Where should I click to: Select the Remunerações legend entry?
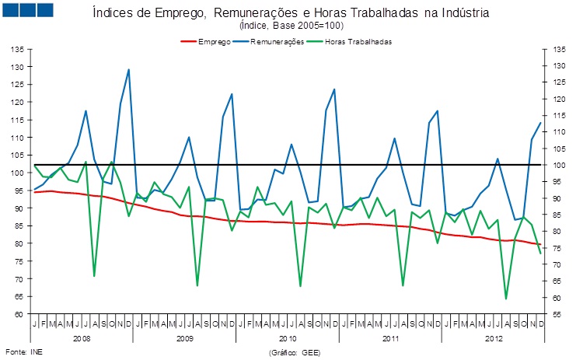276,40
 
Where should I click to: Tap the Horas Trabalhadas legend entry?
358,40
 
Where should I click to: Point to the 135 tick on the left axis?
16,49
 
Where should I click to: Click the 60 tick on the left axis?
16,313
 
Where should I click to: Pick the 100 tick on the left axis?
16,172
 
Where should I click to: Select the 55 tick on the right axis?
558,313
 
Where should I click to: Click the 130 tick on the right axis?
558,65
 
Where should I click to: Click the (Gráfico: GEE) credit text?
294,352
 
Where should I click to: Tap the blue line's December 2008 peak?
128,70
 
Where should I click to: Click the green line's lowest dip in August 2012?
506,299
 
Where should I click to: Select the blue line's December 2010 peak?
334,89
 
